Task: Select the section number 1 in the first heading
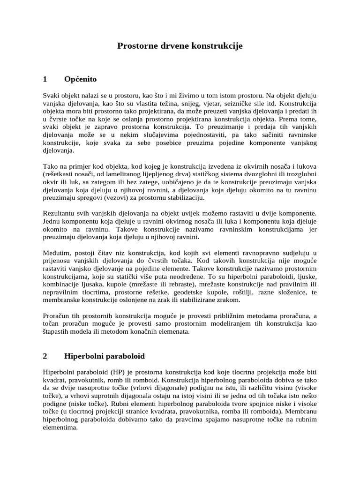45,79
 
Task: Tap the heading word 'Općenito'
80,79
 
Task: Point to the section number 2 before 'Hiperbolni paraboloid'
45,355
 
